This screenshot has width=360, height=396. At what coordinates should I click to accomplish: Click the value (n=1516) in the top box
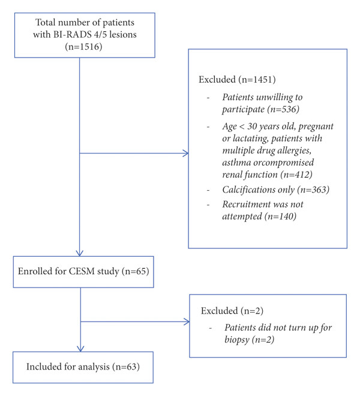[83, 47]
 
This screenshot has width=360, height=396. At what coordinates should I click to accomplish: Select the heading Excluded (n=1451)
[237, 80]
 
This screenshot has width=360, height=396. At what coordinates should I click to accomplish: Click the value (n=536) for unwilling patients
[285, 109]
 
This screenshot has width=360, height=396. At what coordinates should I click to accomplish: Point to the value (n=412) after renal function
[296, 175]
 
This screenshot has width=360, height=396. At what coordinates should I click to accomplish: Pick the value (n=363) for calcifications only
[313, 190]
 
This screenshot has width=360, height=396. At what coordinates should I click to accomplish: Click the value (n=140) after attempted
[280, 217]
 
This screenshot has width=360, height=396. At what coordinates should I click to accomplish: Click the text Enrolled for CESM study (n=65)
[83, 271]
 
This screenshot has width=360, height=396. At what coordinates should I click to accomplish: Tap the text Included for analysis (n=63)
[83, 367]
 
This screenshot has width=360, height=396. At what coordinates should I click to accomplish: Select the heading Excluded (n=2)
[232, 311]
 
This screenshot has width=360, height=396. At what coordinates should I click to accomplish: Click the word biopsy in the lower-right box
[237, 340]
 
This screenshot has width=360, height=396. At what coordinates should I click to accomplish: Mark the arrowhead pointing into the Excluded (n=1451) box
[186, 153]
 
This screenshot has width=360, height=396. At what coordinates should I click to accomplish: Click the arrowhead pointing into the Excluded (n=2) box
[187, 322]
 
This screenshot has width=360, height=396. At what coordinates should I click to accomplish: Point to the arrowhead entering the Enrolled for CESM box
[80, 253]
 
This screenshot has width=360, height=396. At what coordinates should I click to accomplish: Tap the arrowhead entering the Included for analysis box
[80, 349]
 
